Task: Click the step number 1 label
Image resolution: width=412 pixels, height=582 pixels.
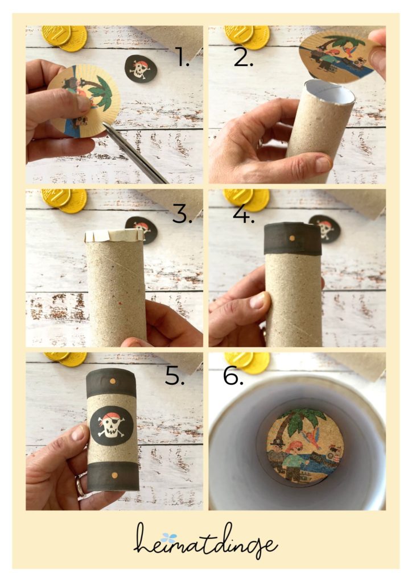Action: [182, 57]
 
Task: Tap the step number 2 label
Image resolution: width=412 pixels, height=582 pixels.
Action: [244, 57]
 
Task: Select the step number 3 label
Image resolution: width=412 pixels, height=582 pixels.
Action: [182, 214]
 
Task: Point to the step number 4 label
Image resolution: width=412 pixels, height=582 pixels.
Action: [244, 214]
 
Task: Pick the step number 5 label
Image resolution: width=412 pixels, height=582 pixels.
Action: [175, 376]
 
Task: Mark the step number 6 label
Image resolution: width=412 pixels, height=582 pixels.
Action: [233, 376]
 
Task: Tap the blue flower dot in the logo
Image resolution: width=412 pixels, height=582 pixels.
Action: [169, 537]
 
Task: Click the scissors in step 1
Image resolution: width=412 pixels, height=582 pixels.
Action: [134, 153]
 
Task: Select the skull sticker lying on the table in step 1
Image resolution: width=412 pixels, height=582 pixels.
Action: [141, 68]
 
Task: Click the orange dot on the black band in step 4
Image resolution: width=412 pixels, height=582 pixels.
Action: [292, 238]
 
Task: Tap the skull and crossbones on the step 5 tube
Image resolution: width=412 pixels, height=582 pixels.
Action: [112, 423]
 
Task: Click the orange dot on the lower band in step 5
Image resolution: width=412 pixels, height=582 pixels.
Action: [114, 475]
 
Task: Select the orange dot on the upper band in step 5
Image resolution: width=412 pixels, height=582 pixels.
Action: [113, 381]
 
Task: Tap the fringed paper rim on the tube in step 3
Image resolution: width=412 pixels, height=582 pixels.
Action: [114, 235]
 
